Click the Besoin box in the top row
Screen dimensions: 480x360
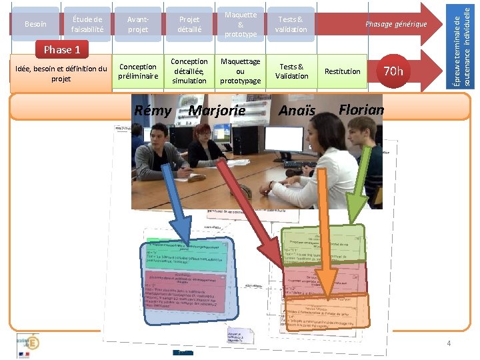[x=35, y=25]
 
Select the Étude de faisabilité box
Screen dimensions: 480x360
[x=87, y=25]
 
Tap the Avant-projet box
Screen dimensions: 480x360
[x=138, y=25]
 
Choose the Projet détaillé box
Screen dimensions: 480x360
[x=189, y=25]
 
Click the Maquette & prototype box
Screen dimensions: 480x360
[x=241, y=25]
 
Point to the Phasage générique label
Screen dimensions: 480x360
[x=395, y=25]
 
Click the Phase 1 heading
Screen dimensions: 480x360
[x=61, y=49]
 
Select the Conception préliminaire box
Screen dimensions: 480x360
[x=138, y=71]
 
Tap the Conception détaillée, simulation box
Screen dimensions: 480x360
[x=189, y=71]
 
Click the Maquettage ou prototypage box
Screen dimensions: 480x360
[x=241, y=71]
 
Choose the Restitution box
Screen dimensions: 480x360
[x=342, y=71]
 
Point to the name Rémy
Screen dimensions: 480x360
[x=153, y=111]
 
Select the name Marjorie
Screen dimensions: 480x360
[x=217, y=111]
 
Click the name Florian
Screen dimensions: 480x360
[x=361, y=109]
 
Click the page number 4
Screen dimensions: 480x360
[x=449, y=343]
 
